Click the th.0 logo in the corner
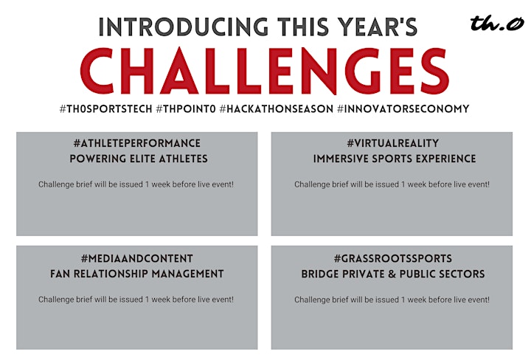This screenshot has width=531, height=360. pos(497,23)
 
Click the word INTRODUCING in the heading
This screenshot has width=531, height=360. pos(184,27)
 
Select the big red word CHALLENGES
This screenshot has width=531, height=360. pos(265,70)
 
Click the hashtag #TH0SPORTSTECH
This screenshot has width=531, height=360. pos(106,108)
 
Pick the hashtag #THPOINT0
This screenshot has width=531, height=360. pos(186,108)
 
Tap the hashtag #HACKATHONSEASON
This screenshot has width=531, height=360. pos(277,108)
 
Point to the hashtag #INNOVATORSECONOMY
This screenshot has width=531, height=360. pos(403,108)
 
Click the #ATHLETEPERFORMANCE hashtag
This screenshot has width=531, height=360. pos(137,143)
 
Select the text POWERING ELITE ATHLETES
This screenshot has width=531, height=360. pos(139,159)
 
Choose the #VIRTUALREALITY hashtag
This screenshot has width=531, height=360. pos(393,143)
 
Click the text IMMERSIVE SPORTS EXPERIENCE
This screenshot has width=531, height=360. pos(395,159)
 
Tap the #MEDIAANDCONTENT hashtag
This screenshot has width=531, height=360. pos(137,259)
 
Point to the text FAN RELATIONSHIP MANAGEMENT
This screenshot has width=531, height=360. pos(137,274)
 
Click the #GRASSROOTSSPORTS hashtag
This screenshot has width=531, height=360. pos(393,259)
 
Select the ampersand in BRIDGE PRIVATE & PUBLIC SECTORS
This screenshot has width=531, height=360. pos(392,274)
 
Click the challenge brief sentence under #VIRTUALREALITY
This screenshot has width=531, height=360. pos(392,184)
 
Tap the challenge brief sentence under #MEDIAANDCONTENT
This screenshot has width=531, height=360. pos(136,300)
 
